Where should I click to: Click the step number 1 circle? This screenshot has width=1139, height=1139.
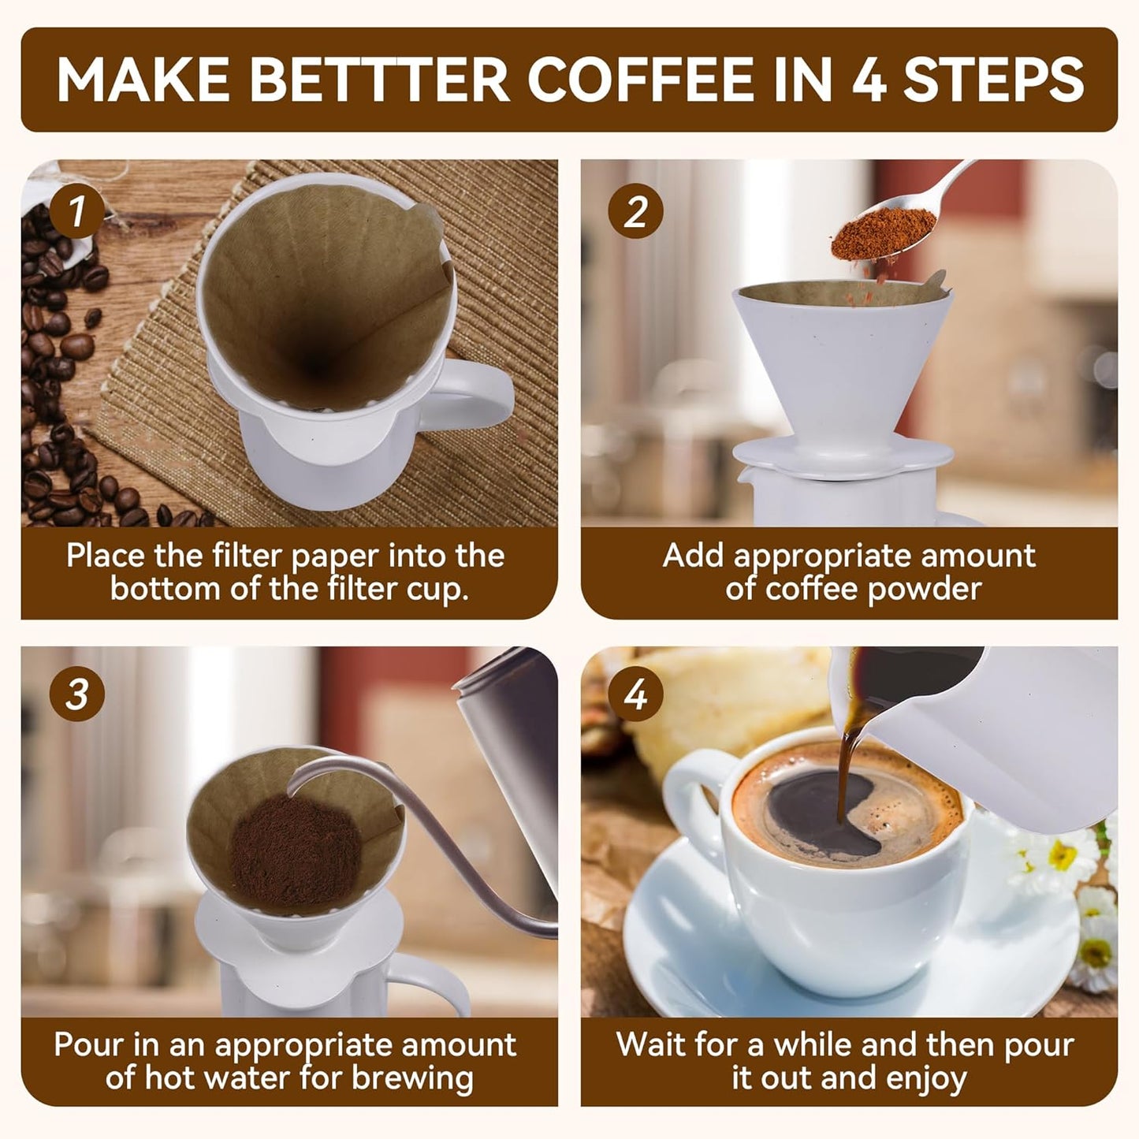76,211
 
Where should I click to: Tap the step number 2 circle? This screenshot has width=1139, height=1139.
635,211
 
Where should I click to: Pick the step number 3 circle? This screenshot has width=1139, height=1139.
76,694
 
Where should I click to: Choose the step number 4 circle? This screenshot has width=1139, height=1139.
635,694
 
